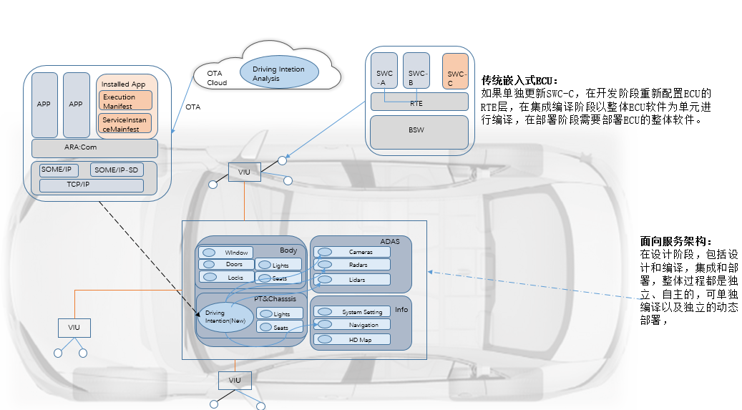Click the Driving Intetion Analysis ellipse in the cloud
[x=278, y=74]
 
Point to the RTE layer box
[x=419, y=102]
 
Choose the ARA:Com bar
[x=94, y=148]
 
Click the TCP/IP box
[x=91, y=185]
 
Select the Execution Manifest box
[x=125, y=101]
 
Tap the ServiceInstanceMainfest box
[x=125, y=125]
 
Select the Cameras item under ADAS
[x=352, y=252]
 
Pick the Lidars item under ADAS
[x=352, y=279]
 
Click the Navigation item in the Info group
[x=352, y=325]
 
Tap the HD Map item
[x=352, y=339]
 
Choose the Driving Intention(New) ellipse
[x=225, y=317]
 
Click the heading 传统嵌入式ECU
[x=520, y=80]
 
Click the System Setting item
[x=352, y=312]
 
